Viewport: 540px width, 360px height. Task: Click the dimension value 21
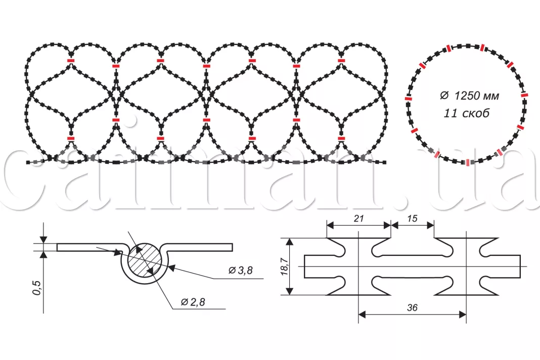tap(358, 218)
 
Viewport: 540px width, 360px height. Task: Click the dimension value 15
tap(412, 218)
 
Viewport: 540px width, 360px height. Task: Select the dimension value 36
tap(412, 307)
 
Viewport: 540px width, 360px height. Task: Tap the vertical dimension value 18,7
tap(285, 266)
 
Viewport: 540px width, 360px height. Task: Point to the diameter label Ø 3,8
tap(241, 271)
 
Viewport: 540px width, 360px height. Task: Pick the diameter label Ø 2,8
tap(193, 302)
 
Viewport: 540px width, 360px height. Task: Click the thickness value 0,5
tap(36, 287)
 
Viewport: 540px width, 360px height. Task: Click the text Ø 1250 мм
tap(469, 96)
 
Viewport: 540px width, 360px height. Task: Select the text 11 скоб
tap(466, 113)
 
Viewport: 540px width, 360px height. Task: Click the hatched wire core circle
tap(145, 259)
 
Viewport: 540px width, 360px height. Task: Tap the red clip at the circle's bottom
tap(467, 162)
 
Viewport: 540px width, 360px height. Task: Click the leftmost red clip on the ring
tap(408, 99)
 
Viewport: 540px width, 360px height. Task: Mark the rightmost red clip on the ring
tap(524, 95)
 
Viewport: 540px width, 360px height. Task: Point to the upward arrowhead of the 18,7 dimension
tap(290, 242)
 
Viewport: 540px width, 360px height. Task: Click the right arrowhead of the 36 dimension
tap(462, 314)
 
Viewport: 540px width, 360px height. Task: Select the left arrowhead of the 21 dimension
tap(331, 226)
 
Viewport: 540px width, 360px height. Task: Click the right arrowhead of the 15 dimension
tap(430, 226)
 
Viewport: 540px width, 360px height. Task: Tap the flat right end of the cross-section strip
tap(232, 247)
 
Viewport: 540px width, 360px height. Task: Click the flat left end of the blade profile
tap(305, 266)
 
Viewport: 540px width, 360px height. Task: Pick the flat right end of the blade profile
tap(520, 266)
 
